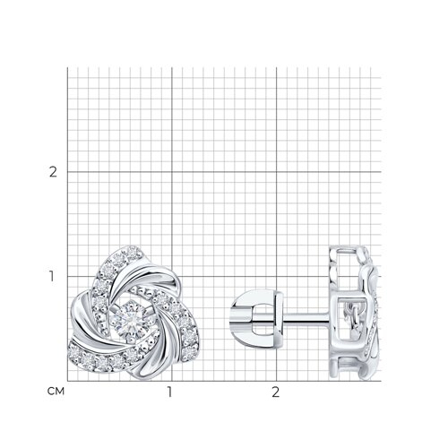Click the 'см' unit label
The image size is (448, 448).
point(56,392)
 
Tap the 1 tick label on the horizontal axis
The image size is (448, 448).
point(169,392)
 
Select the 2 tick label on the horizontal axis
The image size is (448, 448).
point(275,392)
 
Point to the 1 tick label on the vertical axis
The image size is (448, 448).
point(52,276)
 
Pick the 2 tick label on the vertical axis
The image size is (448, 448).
point(53,172)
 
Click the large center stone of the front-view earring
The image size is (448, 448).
point(131,322)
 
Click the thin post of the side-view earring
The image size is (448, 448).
point(306,318)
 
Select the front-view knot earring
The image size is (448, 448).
point(134,313)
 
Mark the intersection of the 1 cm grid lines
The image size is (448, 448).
point(172,276)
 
